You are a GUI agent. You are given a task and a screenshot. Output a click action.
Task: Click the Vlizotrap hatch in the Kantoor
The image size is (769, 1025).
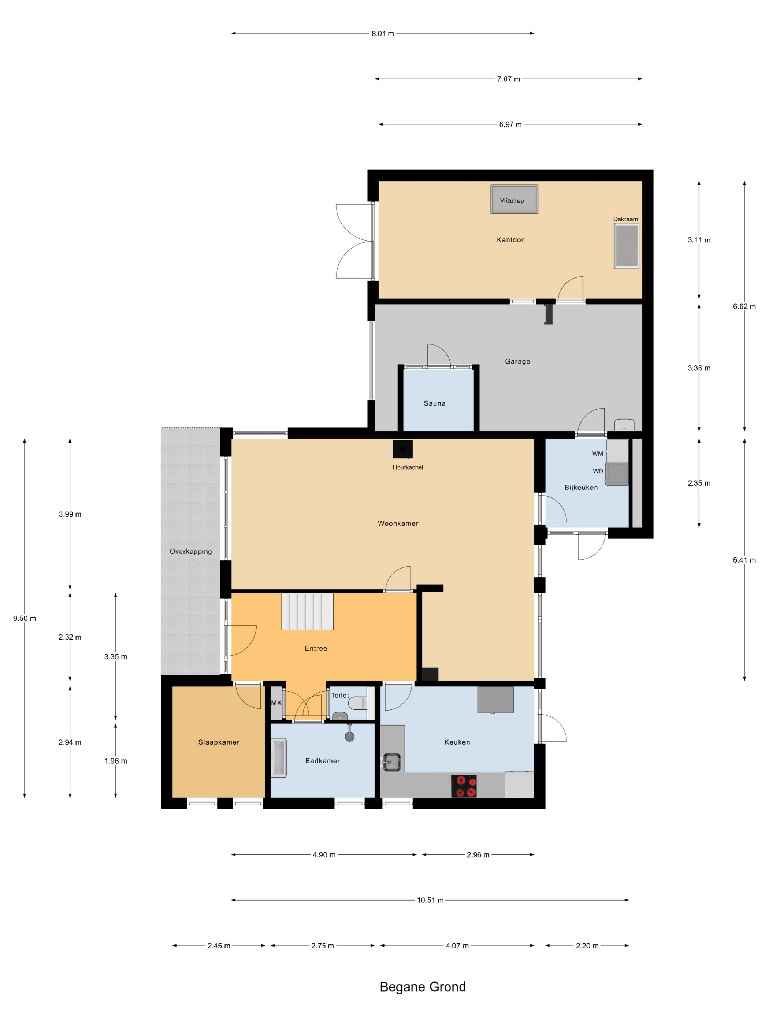point(514,200)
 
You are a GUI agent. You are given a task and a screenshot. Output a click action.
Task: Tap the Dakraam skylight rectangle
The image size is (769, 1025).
point(626,246)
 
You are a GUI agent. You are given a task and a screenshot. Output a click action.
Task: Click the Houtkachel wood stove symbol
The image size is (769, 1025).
point(402,449)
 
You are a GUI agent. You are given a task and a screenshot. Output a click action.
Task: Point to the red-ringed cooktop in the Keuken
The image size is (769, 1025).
point(464,786)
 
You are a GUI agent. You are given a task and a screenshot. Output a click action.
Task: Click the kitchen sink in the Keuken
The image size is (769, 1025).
point(391,762)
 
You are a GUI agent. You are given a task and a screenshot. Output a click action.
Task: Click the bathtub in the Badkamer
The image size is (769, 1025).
point(279,758)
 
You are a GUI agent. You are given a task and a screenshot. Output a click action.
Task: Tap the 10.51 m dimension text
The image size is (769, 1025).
point(430,900)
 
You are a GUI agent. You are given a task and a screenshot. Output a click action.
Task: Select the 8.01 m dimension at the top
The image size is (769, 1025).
point(382,33)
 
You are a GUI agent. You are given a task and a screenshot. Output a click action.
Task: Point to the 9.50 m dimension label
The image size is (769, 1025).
point(25,618)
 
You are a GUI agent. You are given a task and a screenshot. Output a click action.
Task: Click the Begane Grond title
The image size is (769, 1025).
point(423,987)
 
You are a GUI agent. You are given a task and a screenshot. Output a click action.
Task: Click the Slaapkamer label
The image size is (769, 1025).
point(219,742)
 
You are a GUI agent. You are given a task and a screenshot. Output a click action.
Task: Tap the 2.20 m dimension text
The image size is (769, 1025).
point(587,946)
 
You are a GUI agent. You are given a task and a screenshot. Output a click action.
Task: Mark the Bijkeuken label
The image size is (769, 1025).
point(581,488)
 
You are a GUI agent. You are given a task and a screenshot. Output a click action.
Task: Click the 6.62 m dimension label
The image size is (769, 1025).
point(744,306)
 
